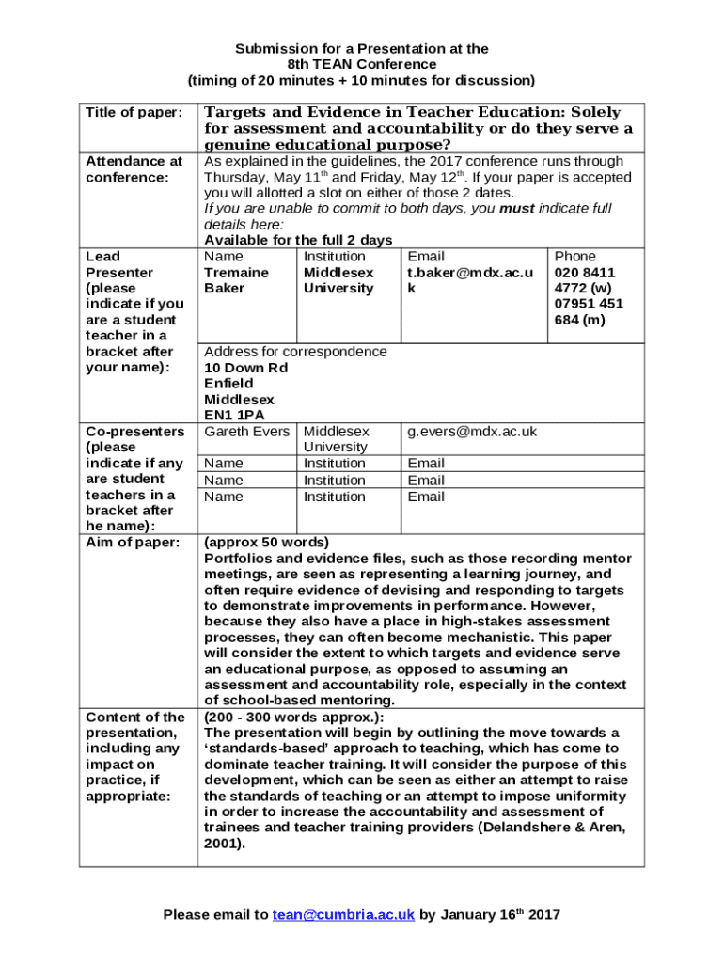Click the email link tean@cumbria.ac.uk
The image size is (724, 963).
343,914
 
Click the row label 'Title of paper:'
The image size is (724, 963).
134,112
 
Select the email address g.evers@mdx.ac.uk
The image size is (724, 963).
471,431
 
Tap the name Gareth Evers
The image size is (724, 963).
244,431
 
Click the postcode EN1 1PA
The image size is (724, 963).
234,415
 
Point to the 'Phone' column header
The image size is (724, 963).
574,256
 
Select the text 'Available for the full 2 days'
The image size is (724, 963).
298,240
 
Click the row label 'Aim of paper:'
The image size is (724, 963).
132,542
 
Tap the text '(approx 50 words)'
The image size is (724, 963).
266,542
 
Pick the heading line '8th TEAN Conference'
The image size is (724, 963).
361,64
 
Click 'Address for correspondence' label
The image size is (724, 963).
295,351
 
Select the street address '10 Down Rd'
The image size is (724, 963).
245,367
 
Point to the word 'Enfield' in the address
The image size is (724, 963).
228,383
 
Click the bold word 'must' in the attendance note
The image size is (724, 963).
516,208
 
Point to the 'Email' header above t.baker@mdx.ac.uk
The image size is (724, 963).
426,256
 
